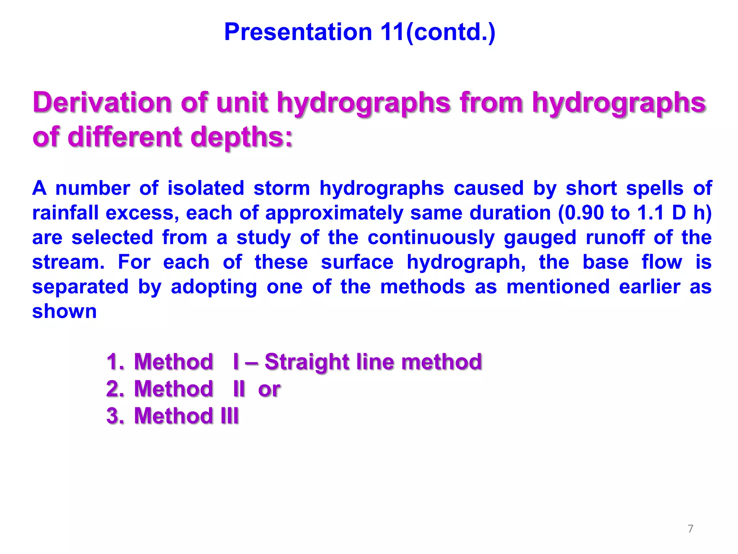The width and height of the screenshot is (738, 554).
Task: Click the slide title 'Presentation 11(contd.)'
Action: pyautogui.click(x=360, y=32)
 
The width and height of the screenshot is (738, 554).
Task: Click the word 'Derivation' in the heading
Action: pyautogui.click(x=102, y=103)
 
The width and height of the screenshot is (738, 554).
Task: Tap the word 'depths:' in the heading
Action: pyautogui.click(x=241, y=137)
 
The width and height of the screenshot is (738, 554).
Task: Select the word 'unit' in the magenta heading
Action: pyautogui.click(x=242, y=103)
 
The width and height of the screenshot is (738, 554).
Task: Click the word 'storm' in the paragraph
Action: pyautogui.click(x=281, y=188)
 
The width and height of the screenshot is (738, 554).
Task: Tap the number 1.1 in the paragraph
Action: pyautogui.click(x=650, y=213)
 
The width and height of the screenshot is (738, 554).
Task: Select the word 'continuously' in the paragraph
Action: pyautogui.click(x=431, y=238)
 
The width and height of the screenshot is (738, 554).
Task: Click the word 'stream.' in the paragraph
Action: pyautogui.click(x=68, y=262)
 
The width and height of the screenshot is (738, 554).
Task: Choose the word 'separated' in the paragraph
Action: pyautogui.click(x=80, y=287)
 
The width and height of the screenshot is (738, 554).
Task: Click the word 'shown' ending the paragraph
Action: pyautogui.click(x=65, y=311)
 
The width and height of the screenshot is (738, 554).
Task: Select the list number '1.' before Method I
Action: pyautogui.click(x=115, y=362)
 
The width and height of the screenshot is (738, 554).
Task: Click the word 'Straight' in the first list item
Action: pyautogui.click(x=306, y=362)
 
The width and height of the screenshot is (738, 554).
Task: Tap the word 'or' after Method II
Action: pyautogui.click(x=269, y=389)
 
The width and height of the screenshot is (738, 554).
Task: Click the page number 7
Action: pyautogui.click(x=690, y=529)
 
